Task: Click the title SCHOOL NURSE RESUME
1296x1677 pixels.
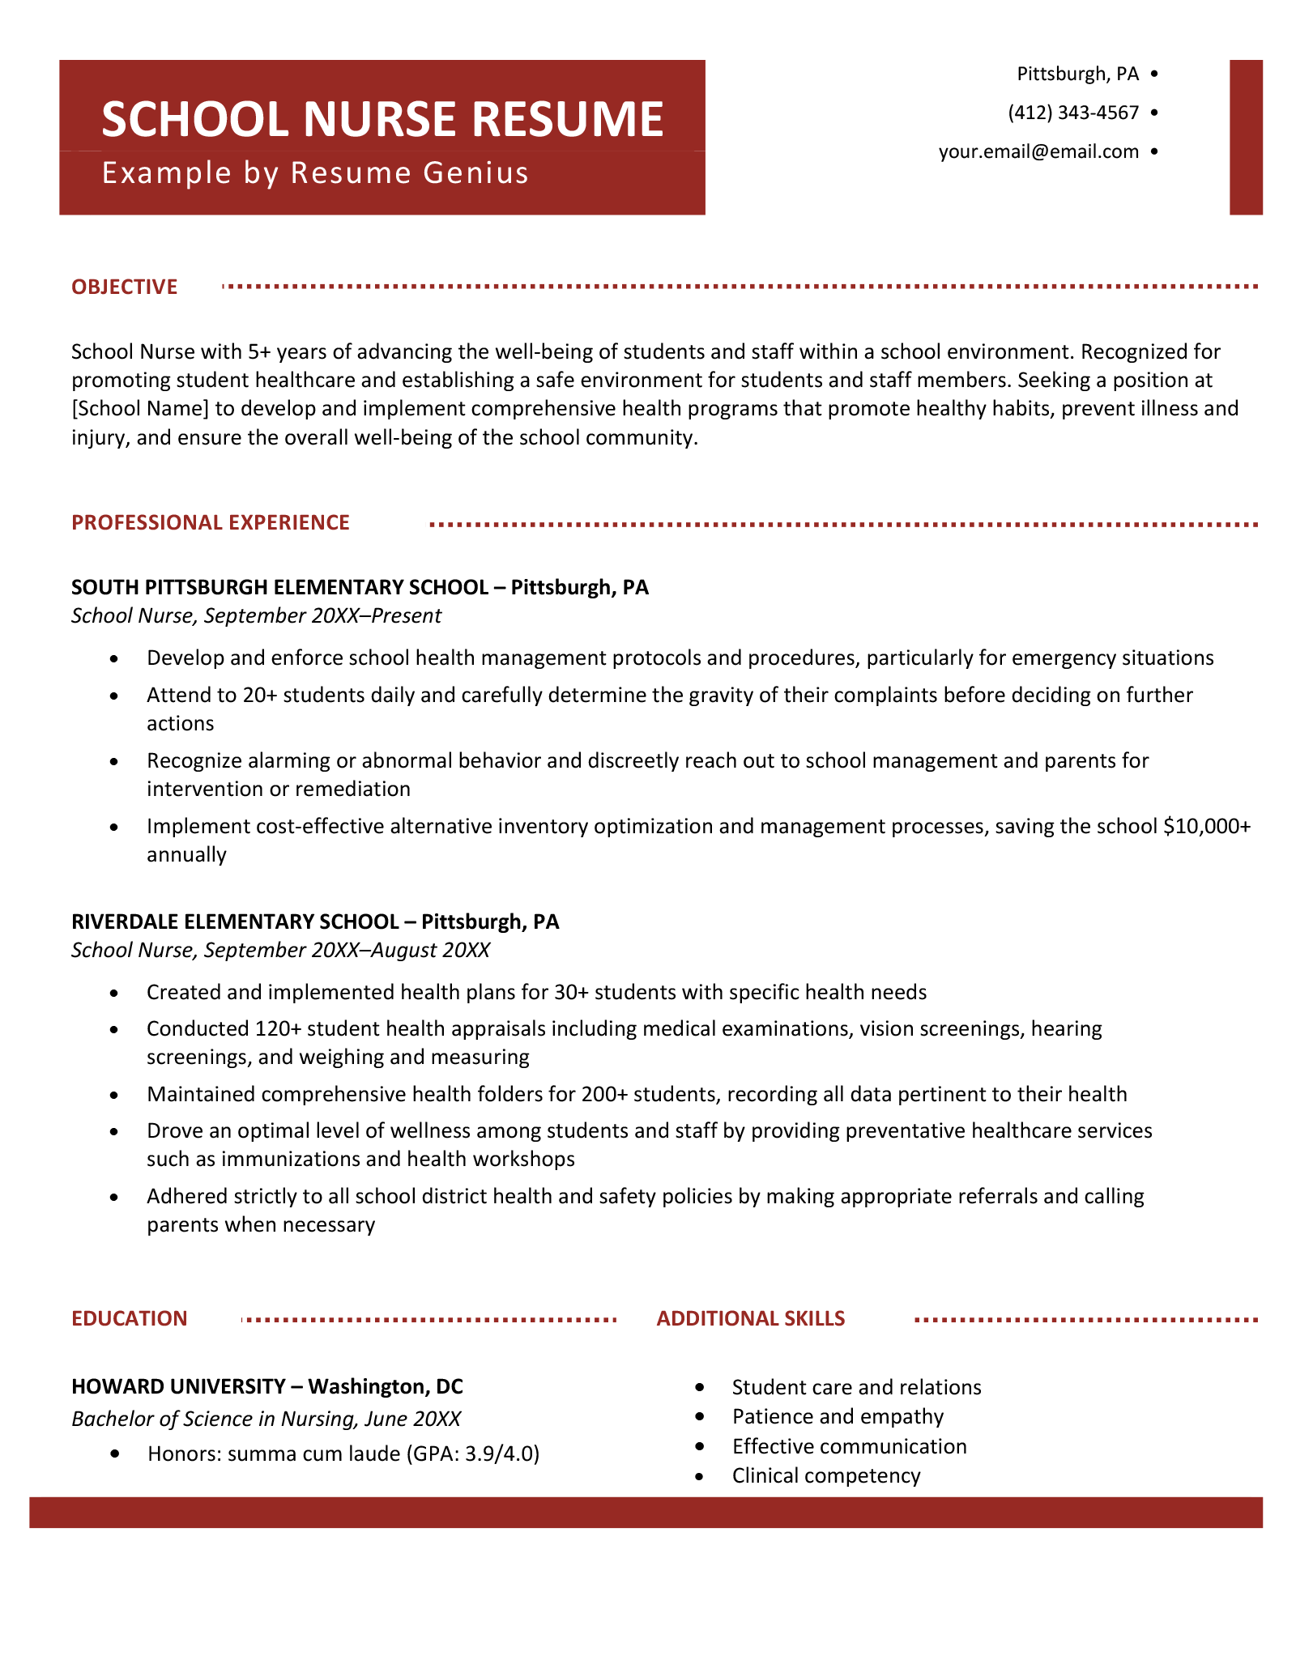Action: (382, 119)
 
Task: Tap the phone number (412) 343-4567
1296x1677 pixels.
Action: (1073, 113)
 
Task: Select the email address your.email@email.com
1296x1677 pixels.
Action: (1038, 151)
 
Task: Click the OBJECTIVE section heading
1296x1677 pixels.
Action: (124, 287)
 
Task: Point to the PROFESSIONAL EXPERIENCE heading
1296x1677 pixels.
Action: (211, 523)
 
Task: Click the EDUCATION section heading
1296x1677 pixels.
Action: (130, 1319)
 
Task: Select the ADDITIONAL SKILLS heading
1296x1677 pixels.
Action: (750, 1319)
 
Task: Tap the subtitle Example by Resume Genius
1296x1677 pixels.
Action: (315, 173)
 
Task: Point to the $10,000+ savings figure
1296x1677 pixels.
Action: (1206, 827)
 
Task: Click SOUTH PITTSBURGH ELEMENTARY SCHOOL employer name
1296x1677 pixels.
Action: (279, 587)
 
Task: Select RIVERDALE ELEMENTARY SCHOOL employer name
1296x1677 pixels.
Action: (235, 921)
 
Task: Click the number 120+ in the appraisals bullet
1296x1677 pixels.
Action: (278, 1029)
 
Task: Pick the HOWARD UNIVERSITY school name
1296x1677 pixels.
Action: (178, 1387)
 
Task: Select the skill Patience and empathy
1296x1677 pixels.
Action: (838, 1417)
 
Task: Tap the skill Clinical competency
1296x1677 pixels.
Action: (826, 1476)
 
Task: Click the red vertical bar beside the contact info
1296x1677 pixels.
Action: (1246, 137)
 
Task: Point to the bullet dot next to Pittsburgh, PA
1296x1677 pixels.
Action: (1153, 74)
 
